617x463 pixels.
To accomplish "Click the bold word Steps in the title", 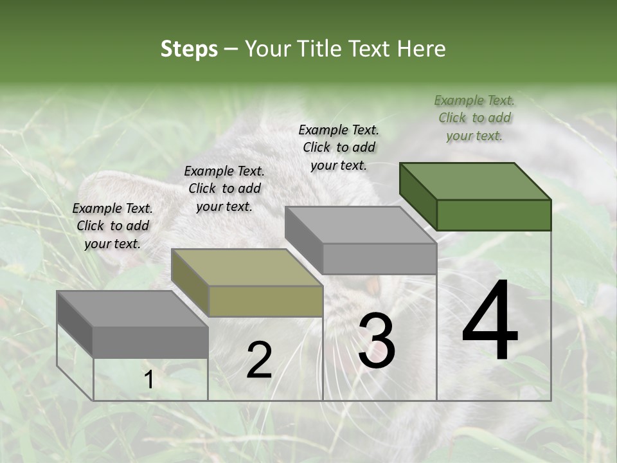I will (189, 49).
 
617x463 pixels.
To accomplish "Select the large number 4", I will (490, 322).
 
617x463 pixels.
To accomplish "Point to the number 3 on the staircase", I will (376, 341).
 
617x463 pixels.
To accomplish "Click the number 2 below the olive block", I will (259, 360).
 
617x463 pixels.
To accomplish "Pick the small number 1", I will (148, 380).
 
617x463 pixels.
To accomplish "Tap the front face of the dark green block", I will (494, 215).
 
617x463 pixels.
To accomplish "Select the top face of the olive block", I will (247, 268).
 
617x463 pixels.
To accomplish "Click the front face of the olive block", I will (265, 301).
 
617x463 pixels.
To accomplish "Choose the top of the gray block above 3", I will (360, 225).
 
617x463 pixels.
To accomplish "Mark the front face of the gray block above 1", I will (150, 341).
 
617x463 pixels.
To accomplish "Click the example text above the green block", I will (474, 118).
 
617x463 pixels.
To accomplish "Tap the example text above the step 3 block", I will (339, 147).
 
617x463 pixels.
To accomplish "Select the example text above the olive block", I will (224, 188).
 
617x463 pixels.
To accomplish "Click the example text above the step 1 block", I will (112, 226).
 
